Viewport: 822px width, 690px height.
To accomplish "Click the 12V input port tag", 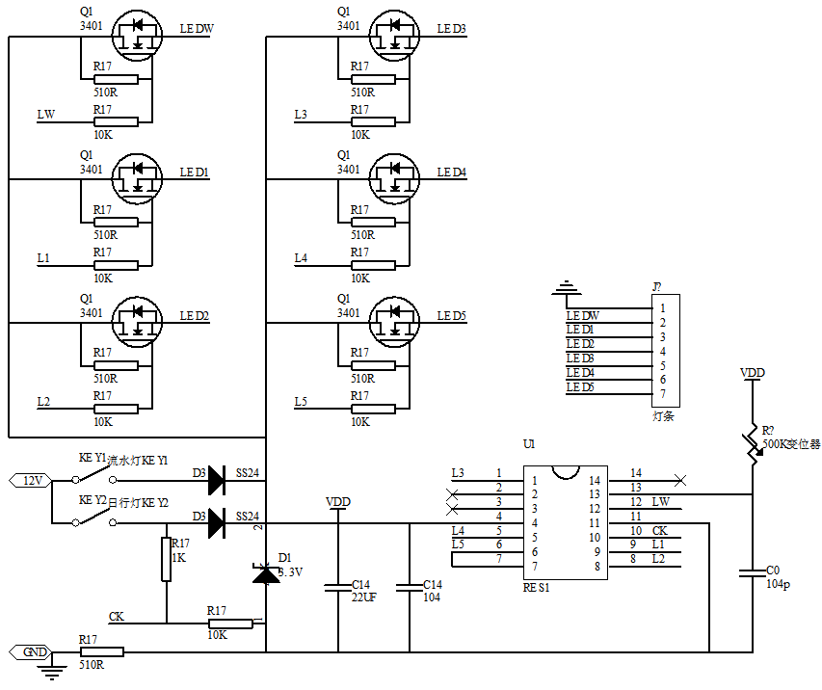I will coord(29,480).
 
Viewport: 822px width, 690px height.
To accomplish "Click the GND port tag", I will coord(29,652).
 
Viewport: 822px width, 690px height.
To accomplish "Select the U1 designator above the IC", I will coord(528,444).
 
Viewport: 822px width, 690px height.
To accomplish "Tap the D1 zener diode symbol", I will coord(265,573).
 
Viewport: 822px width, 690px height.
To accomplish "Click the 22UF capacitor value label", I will coord(363,597).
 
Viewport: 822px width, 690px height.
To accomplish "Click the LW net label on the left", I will coord(45,115).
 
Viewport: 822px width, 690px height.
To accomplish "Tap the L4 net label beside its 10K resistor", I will coord(302,258).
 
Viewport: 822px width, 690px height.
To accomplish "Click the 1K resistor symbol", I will coord(166,560).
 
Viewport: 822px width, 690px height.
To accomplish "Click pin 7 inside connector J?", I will coord(663,393).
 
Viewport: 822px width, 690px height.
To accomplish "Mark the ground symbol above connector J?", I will coord(569,287).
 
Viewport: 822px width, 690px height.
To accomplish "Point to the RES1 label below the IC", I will coord(537,586).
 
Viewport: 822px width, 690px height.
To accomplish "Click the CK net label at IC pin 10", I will coord(660,531).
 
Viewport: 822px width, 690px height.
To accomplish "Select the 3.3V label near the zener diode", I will coord(290,571).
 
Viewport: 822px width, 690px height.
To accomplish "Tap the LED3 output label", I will coord(451,29).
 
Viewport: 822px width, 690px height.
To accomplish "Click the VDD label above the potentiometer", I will coord(753,372).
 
